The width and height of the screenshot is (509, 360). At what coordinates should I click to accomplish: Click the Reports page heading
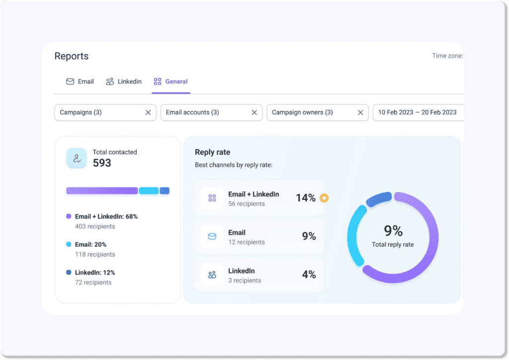pos(72,56)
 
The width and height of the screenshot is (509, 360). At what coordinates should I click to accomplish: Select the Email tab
pos(80,82)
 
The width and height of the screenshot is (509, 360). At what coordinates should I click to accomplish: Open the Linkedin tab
pos(124,82)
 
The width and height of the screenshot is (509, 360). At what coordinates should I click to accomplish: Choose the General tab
pos(171,82)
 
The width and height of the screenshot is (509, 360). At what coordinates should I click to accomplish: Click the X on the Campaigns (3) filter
pos(148,112)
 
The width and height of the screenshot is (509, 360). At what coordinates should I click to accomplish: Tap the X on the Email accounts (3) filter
pos(254,112)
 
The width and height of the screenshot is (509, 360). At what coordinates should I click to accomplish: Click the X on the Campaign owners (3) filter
pos(360,112)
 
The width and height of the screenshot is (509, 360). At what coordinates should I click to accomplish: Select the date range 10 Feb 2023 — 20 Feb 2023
pos(417,112)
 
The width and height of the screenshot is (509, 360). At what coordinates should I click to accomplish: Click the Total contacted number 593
pos(102,163)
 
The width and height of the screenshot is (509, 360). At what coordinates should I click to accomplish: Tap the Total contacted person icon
pos(77,158)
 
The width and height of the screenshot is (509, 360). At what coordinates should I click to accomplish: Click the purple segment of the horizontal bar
pos(102,191)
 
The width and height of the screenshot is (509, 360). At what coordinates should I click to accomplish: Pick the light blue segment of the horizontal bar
pos(149,191)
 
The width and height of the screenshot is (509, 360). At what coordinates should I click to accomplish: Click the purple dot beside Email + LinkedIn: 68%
pos(69,217)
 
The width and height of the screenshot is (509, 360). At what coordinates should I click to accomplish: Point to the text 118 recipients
pos(94,255)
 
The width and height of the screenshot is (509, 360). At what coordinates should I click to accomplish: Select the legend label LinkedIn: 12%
pos(95,272)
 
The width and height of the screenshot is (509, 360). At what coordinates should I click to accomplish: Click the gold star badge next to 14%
pos(324,198)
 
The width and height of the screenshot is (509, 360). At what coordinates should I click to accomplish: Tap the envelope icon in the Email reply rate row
pos(212,237)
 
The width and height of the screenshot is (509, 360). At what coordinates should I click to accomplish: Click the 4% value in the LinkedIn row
pos(309,274)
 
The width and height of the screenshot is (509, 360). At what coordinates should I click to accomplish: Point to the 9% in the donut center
pos(393,231)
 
